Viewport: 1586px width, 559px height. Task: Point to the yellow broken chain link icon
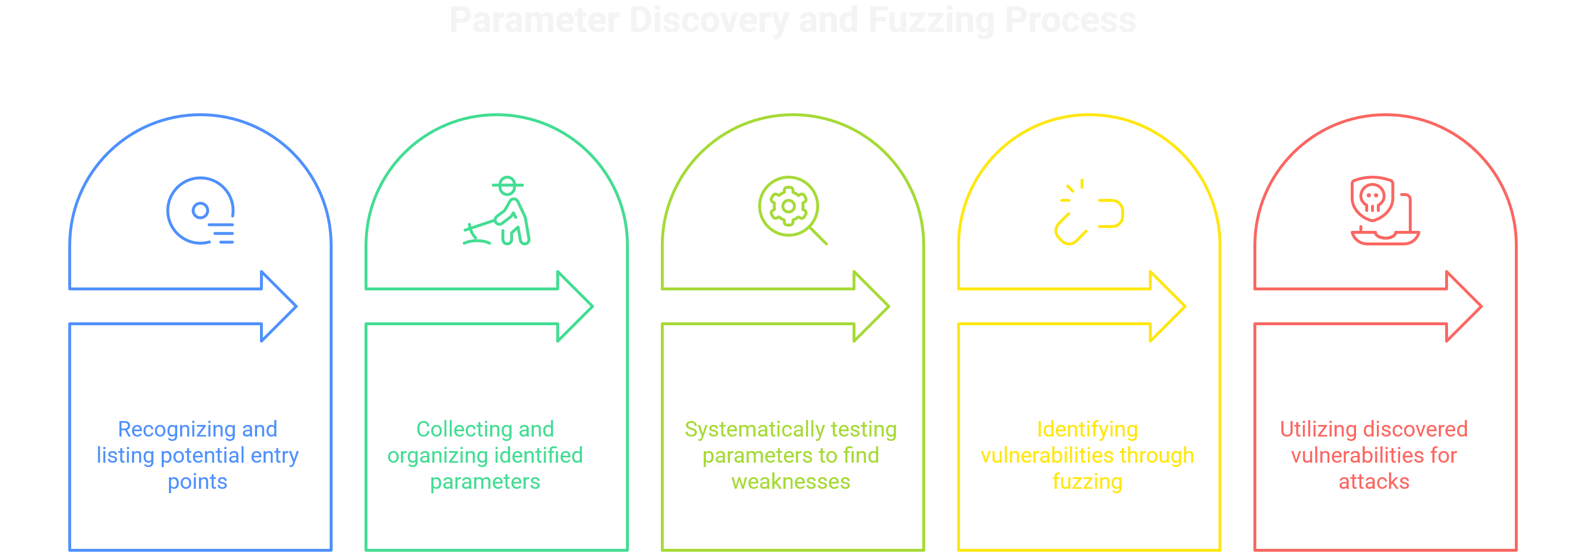pyautogui.click(x=1088, y=213)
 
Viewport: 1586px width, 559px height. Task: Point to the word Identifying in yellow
pyautogui.click(x=1087, y=429)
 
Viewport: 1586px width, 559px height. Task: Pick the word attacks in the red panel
pyautogui.click(x=1373, y=482)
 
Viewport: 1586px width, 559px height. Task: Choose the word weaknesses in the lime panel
pyautogui.click(x=791, y=482)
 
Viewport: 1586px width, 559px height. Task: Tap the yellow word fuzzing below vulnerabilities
pyautogui.click(x=1087, y=482)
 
